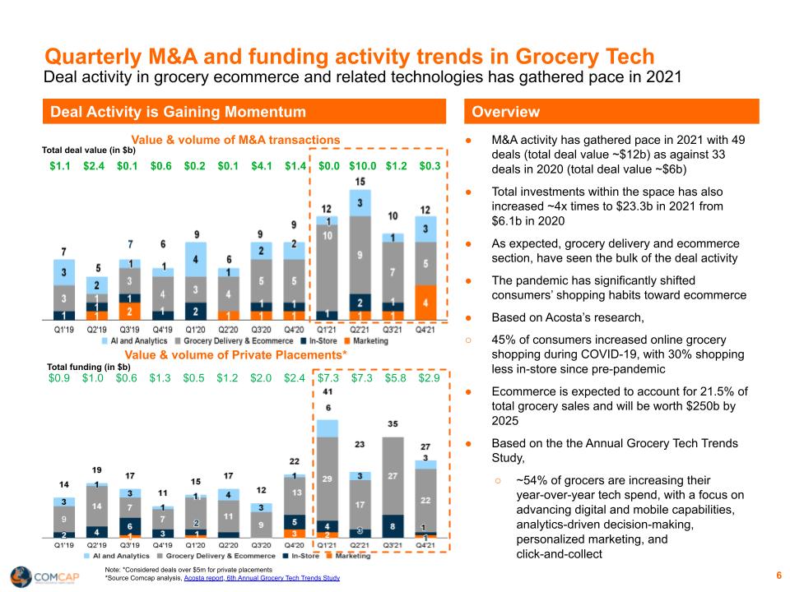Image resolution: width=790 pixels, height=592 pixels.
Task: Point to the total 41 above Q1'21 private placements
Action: (x=328, y=392)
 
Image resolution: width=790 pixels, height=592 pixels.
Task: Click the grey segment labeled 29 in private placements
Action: (x=328, y=478)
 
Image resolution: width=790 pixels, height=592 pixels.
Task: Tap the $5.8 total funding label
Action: (x=396, y=378)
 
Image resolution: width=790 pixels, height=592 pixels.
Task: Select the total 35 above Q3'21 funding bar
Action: (x=395, y=424)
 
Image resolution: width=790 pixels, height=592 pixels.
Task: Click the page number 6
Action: (x=778, y=575)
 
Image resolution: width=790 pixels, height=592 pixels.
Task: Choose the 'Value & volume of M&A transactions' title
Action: (x=235, y=140)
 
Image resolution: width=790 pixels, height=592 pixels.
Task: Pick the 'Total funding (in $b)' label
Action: (x=89, y=367)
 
